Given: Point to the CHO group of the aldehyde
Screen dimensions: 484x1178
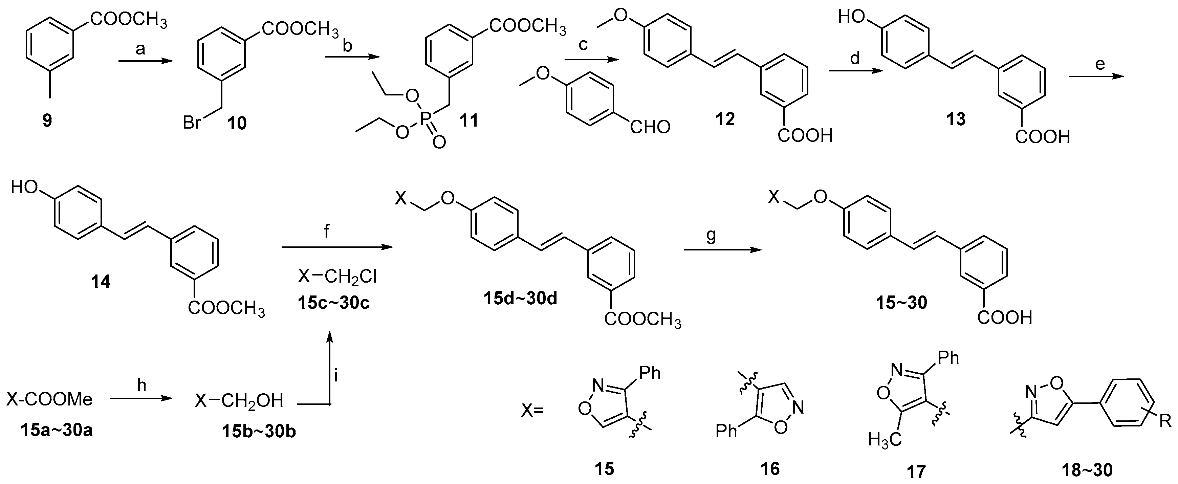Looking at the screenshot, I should pyautogui.click(x=650, y=127).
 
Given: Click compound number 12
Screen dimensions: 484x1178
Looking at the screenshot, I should pyautogui.click(x=725, y=119).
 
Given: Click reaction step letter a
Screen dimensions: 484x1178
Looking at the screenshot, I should pyautogui.click(x=140, y=49).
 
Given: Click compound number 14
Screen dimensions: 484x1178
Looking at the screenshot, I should pyautogui.click(x=100, y=282).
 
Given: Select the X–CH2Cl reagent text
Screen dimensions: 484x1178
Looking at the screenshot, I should pyautogui.click(x=337, y=277).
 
